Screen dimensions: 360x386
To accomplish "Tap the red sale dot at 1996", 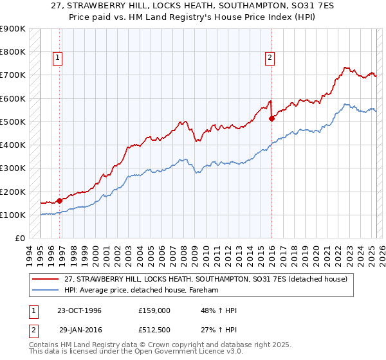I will tap(60, 201).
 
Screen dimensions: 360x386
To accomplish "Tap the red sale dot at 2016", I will tap(272, 118).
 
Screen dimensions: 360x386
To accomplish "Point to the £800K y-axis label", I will tap(13, 51).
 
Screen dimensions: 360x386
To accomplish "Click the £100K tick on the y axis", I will tap(13, 215).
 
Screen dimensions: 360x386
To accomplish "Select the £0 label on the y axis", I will tap(19, 239).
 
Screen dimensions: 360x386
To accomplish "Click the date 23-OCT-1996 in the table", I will tap(79, 311).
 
